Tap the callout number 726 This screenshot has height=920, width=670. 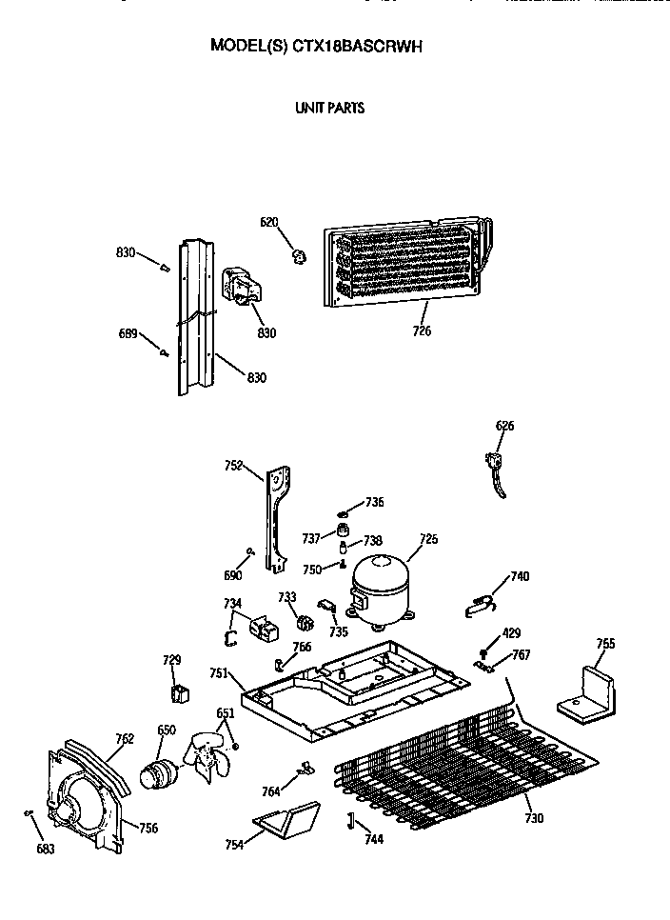point(422,330)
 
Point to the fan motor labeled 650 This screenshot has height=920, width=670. point(158,771)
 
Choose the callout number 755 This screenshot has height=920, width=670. point(605,644)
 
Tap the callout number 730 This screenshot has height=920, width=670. point(534,818)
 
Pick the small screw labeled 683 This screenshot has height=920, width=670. point(28,812)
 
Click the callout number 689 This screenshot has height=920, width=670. point(128,334)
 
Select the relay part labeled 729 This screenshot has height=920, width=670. point(179,694)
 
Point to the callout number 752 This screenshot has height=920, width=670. point(234,466)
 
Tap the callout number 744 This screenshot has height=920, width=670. point(374,840)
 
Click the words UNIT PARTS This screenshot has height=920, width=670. point(330,108)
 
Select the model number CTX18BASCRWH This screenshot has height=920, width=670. point(355,46)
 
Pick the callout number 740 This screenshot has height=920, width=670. point(520,576)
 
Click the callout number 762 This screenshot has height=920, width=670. point(125,739)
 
